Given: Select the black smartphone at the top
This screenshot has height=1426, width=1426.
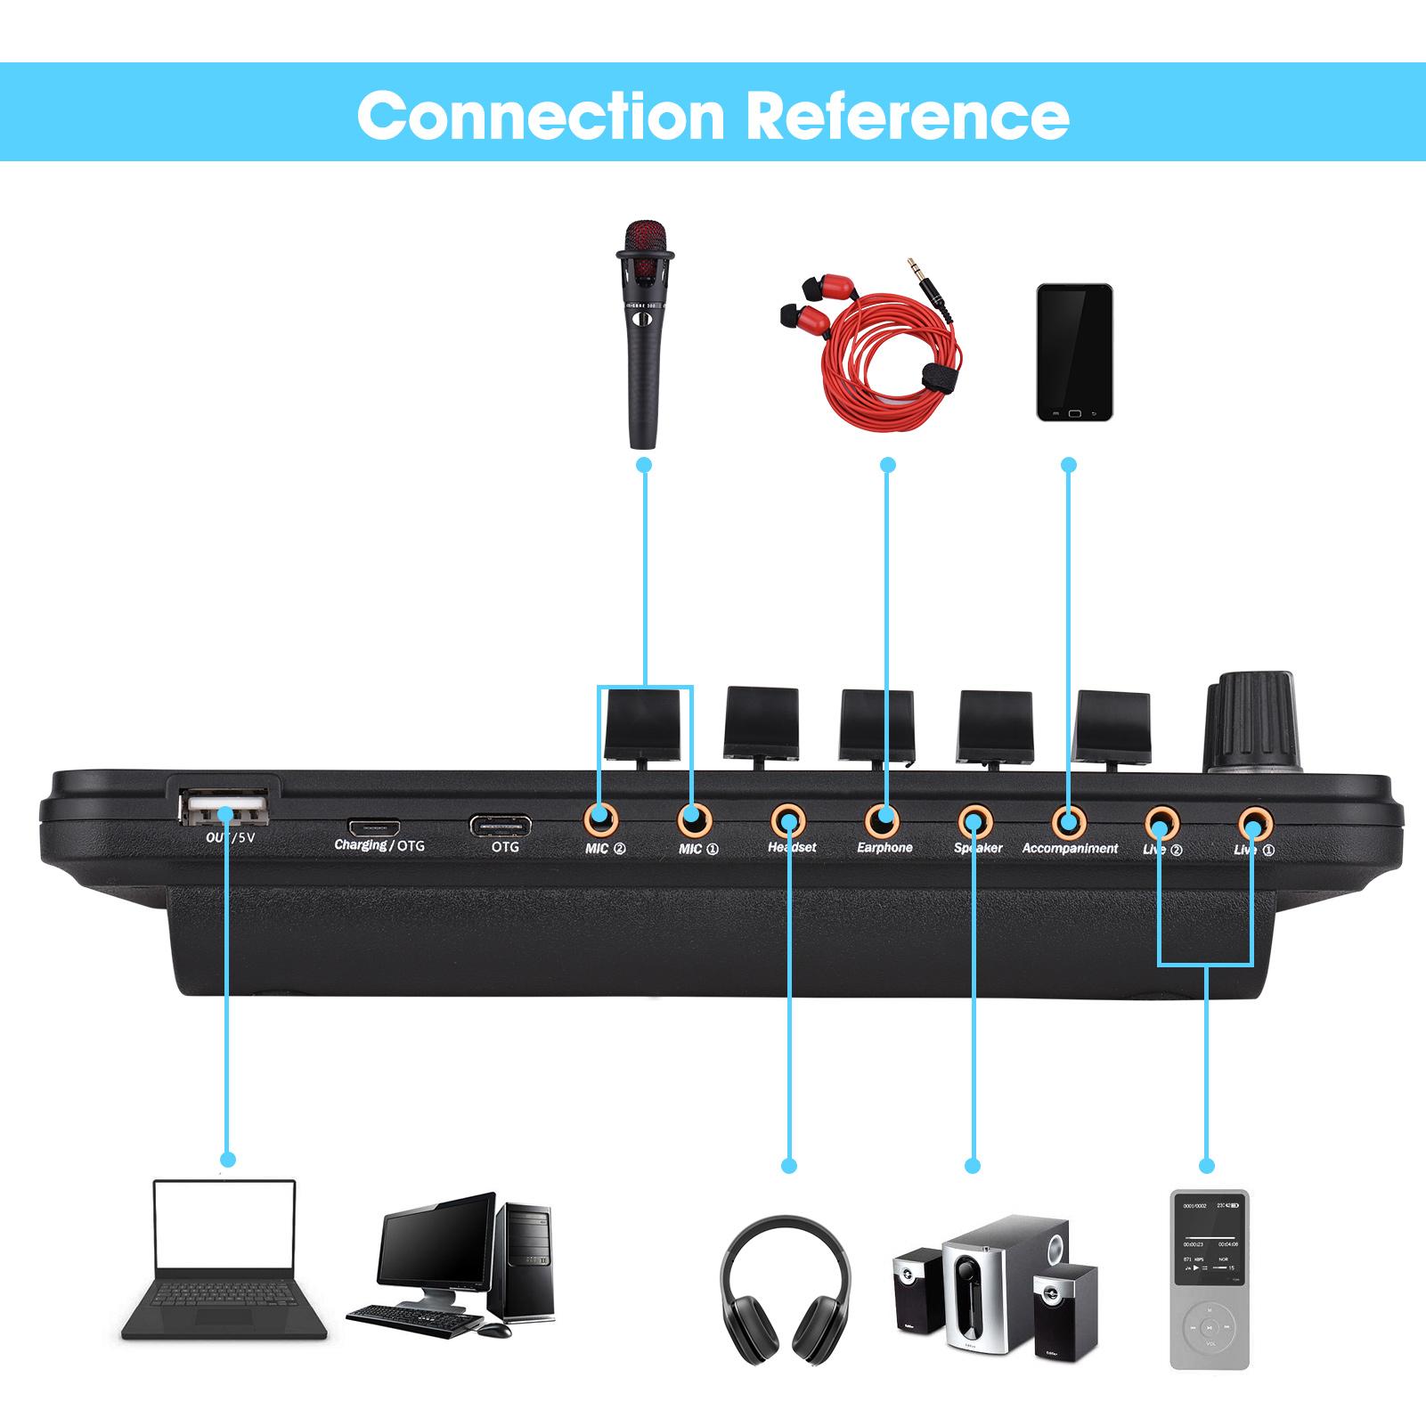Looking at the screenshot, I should pos(1075,352).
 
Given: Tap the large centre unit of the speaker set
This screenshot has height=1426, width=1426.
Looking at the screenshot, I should pos(974,1283).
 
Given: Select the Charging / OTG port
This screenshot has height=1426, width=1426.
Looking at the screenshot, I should pos(373,825).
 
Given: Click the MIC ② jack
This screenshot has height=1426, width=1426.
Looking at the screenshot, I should pos(601,816).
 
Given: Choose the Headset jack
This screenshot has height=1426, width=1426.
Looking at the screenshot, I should pos(788,817).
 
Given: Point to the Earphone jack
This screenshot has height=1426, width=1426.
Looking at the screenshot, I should pos(883,817).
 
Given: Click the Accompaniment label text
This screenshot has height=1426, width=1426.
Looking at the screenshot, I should pos(1070,848).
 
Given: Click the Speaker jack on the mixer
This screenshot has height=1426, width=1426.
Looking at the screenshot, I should pos(975,818).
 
